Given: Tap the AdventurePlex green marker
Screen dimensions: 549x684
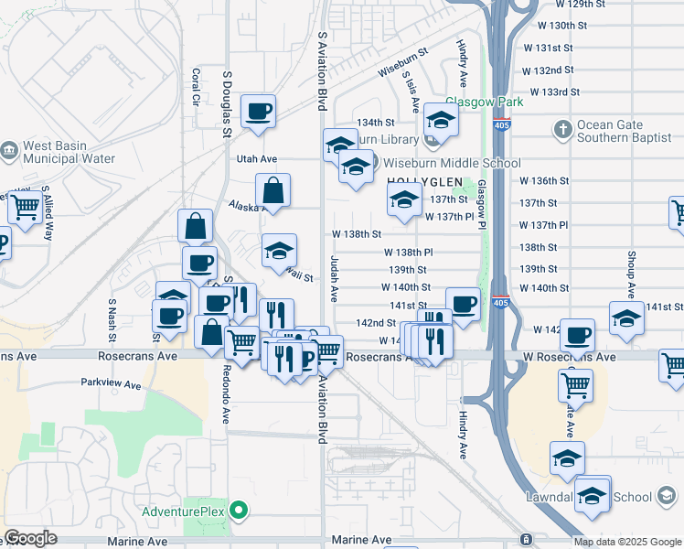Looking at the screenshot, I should [240, 510].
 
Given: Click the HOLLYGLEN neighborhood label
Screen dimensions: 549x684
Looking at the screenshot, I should [422, 182].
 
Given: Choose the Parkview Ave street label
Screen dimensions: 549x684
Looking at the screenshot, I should [111, 384].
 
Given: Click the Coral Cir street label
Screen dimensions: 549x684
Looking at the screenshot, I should [195, 85].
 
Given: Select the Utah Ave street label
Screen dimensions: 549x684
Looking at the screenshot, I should [256, 159].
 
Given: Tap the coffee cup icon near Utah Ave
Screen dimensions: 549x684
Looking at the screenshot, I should [259, 112].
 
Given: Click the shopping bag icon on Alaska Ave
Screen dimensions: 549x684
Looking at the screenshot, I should [273, 191].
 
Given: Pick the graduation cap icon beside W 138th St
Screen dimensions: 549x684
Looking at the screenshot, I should [280, 251].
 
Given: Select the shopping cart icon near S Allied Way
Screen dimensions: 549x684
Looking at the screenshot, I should [24, 208].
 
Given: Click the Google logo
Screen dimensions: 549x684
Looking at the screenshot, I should [30, 538].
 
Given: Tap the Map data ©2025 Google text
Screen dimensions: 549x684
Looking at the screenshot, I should [626, 542].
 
